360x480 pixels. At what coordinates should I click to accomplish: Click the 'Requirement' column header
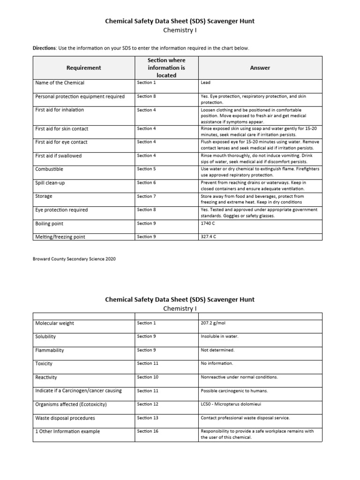(x=83, y=67)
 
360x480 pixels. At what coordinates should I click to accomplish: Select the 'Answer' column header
(x=260, y=67)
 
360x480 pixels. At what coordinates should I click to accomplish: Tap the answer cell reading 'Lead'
(x=205, y=83)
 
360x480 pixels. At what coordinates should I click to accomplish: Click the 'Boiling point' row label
(x=49, y=224)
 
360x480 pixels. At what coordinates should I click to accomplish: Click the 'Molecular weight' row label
(x=54, y=323)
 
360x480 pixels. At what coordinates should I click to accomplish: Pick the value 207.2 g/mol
(x=213, y=323)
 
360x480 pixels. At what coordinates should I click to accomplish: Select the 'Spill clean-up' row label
(x=50, y=183)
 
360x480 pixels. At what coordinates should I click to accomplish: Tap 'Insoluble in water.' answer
(x=219, y=337)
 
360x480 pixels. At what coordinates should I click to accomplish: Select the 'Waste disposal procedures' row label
(x=65, y=418)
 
